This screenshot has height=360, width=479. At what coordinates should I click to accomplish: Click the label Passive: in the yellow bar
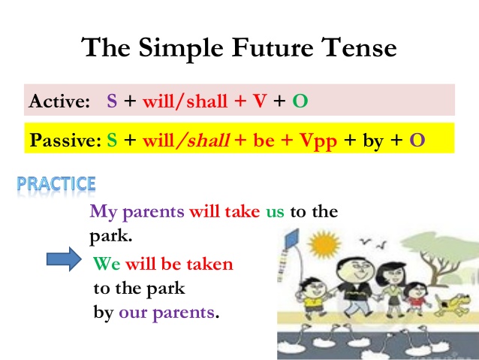64,140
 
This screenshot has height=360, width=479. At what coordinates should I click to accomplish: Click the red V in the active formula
259,101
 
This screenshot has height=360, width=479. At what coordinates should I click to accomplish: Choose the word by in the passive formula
373,140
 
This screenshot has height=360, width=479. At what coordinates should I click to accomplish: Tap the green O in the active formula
300,101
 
